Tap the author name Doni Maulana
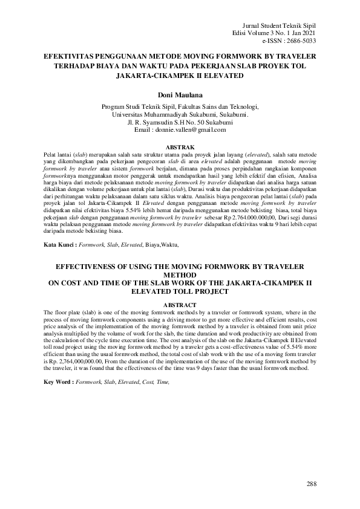tap(180, 95)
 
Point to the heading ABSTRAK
tap(180, 148)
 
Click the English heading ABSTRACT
tap(180, 304)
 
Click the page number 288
tap(312, 484)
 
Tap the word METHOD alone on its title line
tap(180, 274)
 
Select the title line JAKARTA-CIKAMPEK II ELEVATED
tap(180, 77)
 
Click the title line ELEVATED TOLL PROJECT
tap(180, 291)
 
